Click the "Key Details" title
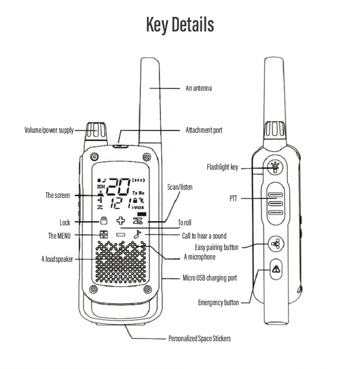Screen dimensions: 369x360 [180, 25]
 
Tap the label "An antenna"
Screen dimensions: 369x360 [199, 88]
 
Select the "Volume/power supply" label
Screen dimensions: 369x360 [49, 130]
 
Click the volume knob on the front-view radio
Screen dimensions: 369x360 [97, 131]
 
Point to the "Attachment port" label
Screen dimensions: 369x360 [204, 130]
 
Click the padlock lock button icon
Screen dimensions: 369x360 [104, 221]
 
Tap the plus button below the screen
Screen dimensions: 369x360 [120, 221]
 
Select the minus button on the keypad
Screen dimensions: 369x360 [120, 235]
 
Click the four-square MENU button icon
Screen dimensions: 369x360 [104, 235]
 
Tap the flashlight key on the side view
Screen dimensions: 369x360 [274, 167]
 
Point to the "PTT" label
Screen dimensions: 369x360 [234, 198]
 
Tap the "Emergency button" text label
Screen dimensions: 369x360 [218, 302]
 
